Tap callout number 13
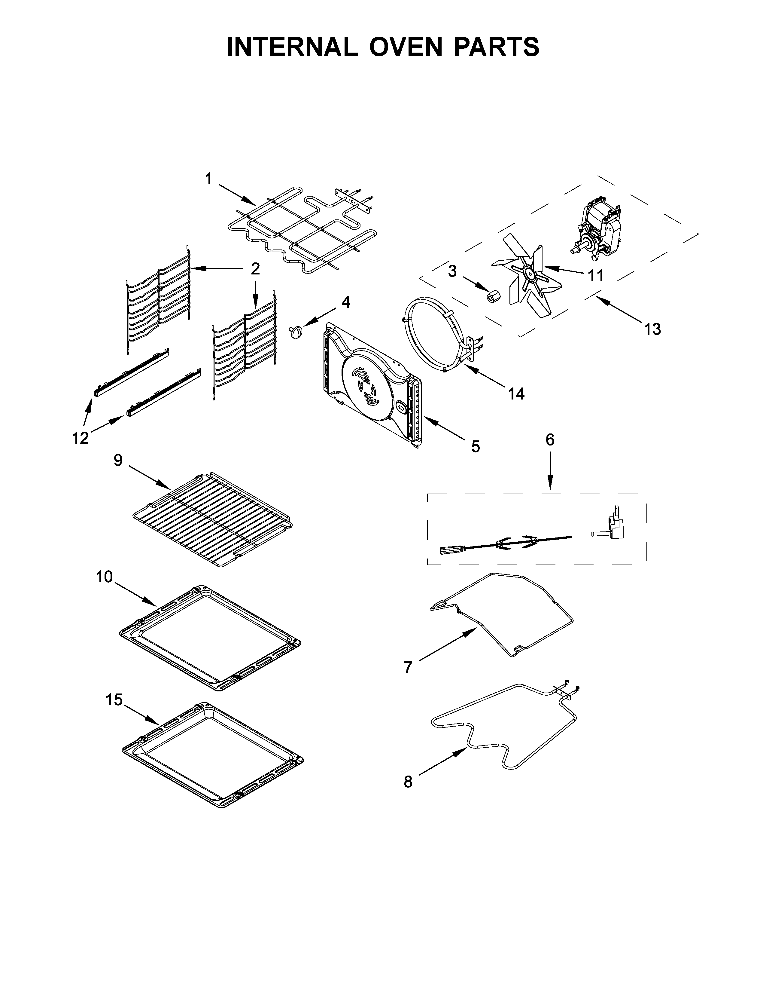coord(652,329)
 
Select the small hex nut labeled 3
coord(491,296)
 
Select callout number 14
coord(516,394)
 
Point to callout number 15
coord(114,700)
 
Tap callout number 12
coord(80,438)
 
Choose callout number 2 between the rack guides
coord(256,269)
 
